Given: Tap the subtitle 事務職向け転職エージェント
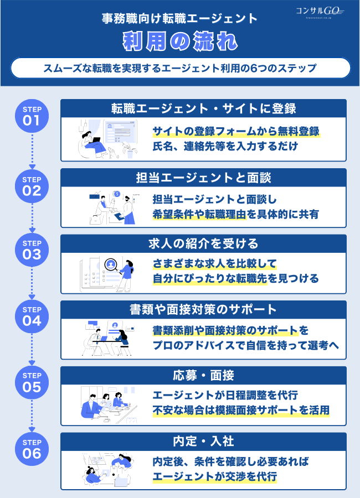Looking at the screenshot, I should [181, 18].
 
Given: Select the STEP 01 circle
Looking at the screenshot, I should [32, 116].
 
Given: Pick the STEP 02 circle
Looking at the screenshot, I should [32, 186].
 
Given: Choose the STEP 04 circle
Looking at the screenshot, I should [32, 317].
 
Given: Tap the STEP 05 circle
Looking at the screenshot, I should [32, 383].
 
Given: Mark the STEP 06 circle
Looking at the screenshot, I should [32, 449].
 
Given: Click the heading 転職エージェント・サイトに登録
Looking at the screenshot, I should [203, 108].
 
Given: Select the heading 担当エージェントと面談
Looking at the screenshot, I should [203, 178].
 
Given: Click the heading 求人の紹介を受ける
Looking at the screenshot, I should [203, 243].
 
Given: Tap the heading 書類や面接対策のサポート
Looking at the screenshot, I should [203, 309].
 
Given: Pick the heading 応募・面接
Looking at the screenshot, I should [203, 375].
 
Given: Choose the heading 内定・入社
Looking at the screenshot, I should [203, 442].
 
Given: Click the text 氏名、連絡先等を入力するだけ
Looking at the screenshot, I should [225, 147].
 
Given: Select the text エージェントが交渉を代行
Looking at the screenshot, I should [214, 476].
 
